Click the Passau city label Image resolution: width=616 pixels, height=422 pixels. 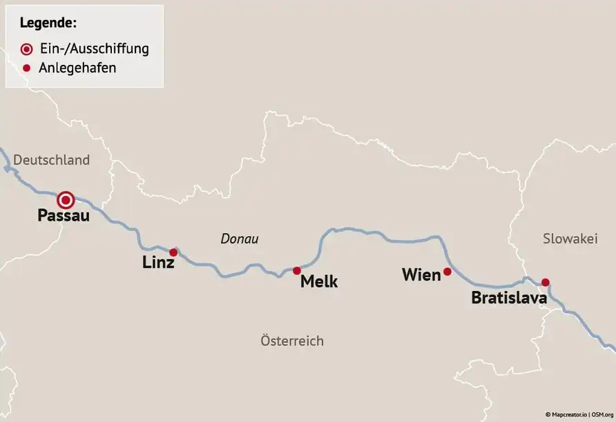(x=63, y=217)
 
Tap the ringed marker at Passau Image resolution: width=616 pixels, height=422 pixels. (x=66, y=201)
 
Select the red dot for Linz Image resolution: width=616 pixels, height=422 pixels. (x=173, y=252)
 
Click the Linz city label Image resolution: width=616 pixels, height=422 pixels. (x=158, y=263)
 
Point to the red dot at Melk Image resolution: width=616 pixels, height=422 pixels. (x=297, y=270)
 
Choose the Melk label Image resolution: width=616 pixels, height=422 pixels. (x=319, y=282)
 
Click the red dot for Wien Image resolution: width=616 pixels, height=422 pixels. (x=447, y=272)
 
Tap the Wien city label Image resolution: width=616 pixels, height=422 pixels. (x=421, y=275)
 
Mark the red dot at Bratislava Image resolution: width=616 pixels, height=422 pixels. (x=545, y=282)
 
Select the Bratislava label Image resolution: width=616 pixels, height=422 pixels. (x=509, y=299)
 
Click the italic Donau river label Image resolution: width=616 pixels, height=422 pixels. (x=240, y=239)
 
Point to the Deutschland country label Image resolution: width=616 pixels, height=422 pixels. (x=52, y=160)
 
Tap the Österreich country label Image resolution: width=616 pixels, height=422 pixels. (x=292, y=341)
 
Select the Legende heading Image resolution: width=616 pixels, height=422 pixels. (x=48, y=23)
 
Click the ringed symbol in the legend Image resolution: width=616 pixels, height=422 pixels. (x=26, y=50)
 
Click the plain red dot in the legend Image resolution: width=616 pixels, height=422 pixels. (x=26, y=68)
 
